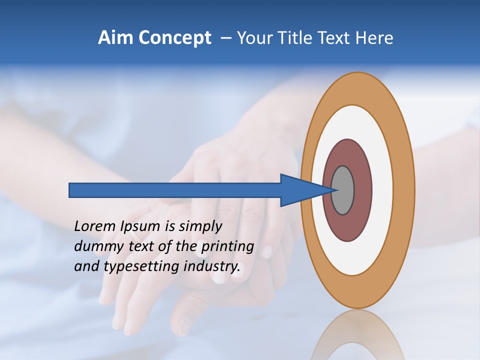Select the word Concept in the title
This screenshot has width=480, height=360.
click(x=175, y=38)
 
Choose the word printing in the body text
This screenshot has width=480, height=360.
click(x=227, y=247)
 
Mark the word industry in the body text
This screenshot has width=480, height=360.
click(x=212, y=266)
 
